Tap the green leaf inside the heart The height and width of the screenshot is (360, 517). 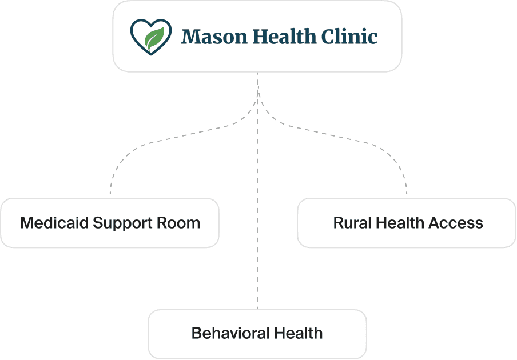pos(154,39)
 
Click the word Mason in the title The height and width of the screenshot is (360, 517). pos(214,36)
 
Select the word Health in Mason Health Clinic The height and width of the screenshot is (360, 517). pos(284,36)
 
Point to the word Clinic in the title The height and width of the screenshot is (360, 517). pos(349,36)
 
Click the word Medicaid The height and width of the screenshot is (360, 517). pos(54,223)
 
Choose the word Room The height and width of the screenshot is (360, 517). pos(178,223)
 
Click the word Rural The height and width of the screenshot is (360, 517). pos(352,223)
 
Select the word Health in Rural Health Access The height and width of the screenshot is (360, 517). pos(400,223)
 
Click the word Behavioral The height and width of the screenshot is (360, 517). pos(231,333)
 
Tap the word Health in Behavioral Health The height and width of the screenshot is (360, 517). pos(298,333)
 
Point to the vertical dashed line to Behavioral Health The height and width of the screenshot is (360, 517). pos(258,191)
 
